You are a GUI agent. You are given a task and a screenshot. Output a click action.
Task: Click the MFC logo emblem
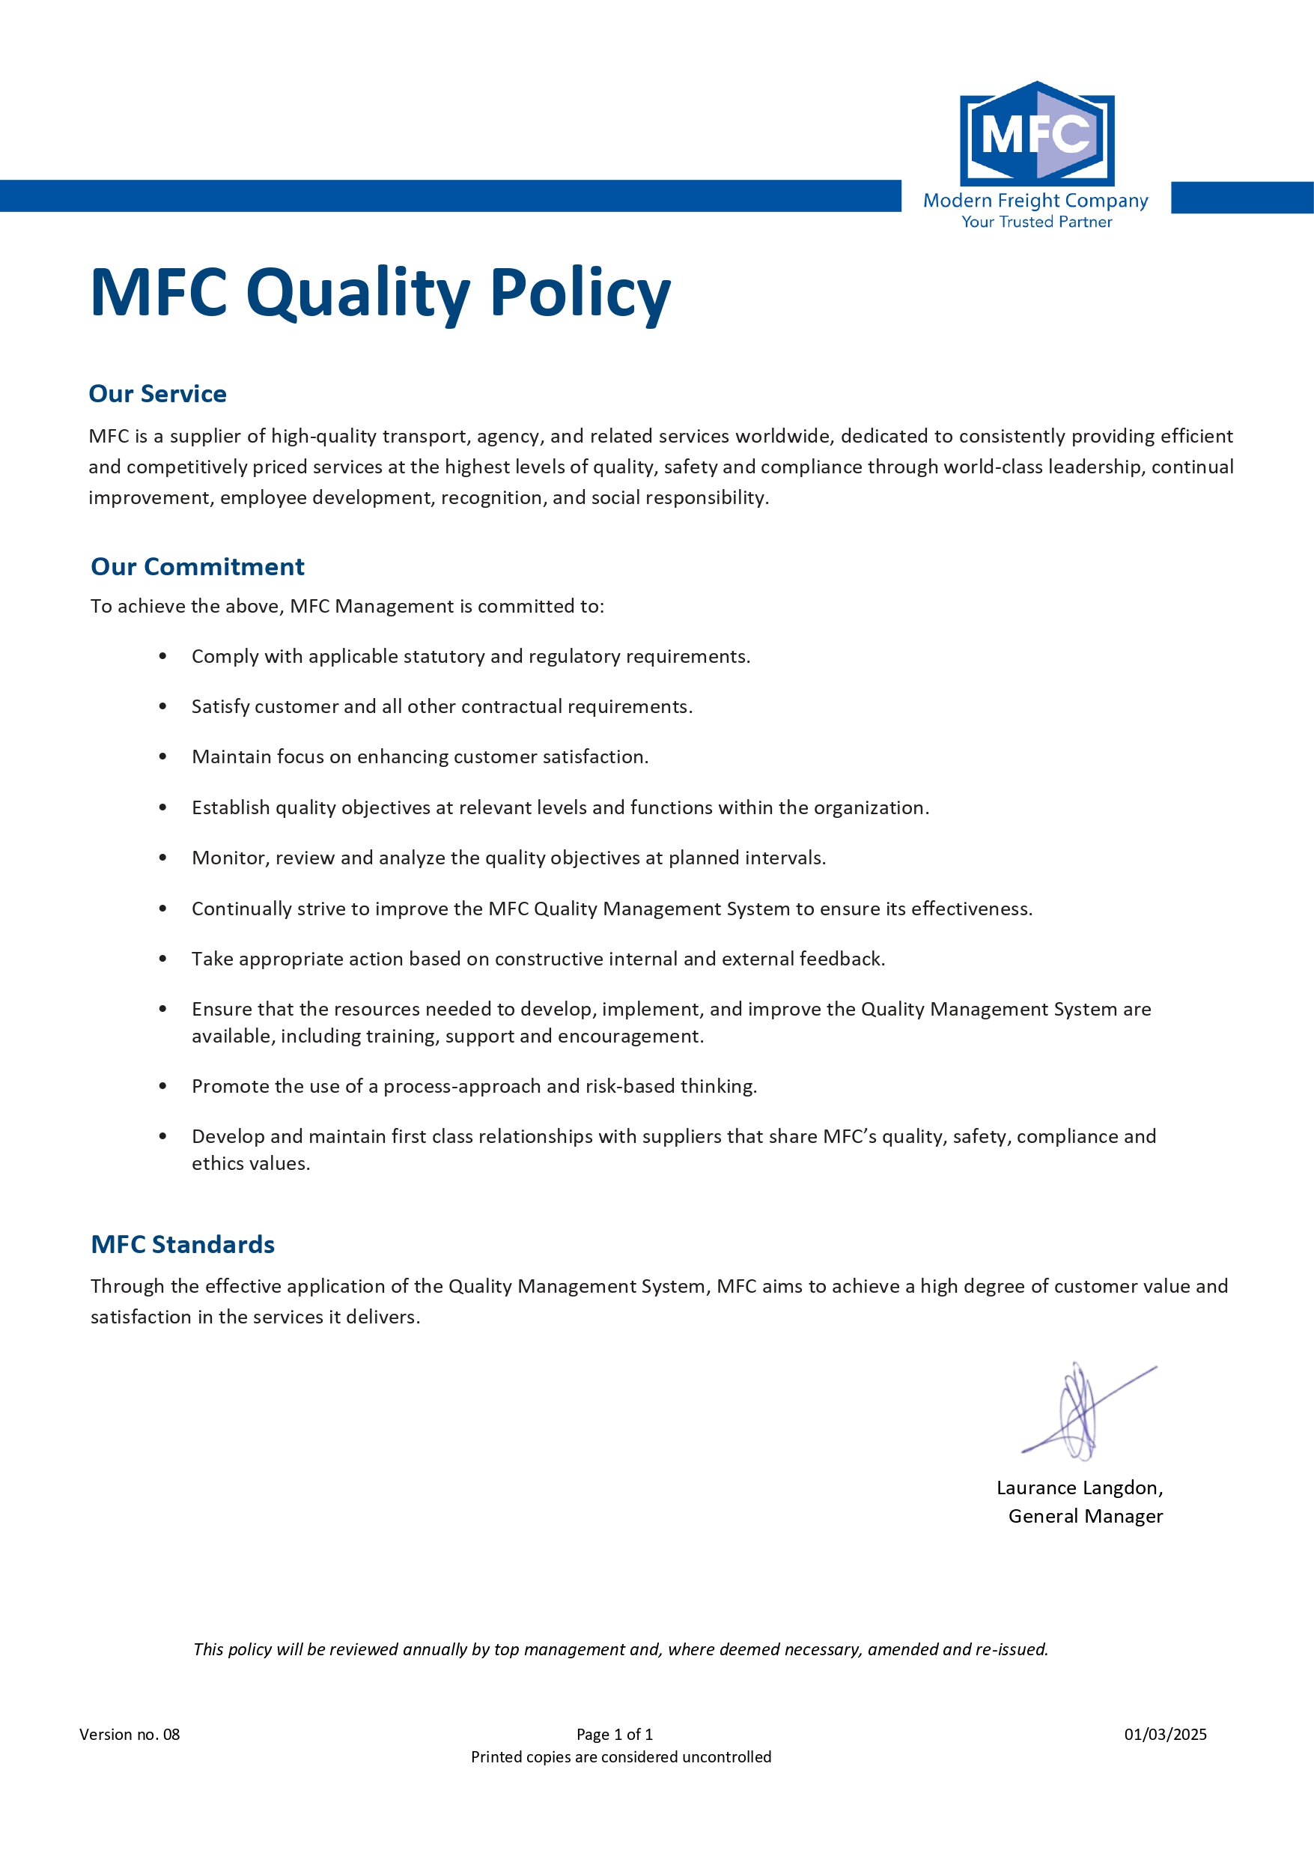(1036, 133)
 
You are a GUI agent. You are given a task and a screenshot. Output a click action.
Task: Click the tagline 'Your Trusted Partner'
(1036, 222)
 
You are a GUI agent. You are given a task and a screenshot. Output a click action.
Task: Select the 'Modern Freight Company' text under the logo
(1035, 200)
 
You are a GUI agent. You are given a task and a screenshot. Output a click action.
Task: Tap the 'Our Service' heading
(157, 393)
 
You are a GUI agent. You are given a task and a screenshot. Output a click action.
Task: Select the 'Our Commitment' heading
(198, 567)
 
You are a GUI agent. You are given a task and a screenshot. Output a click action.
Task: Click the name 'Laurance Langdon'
(1077, 1487)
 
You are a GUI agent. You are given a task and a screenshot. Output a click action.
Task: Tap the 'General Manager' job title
(1085, 1516)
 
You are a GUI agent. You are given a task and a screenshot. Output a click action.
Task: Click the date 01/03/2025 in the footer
(1165, 1735)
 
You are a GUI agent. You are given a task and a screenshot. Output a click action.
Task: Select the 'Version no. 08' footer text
(130, 1735)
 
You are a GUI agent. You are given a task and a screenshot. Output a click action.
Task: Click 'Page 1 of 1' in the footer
(615, 1735)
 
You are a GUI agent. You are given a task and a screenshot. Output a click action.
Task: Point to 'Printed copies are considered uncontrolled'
(621, 1757)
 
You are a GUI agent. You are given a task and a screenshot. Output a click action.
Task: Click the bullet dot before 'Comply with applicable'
(162, 657)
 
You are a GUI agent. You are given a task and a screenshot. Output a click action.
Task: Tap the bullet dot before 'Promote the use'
(162, 1087)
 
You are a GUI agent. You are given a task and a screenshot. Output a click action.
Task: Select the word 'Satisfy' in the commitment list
(220, 707)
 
